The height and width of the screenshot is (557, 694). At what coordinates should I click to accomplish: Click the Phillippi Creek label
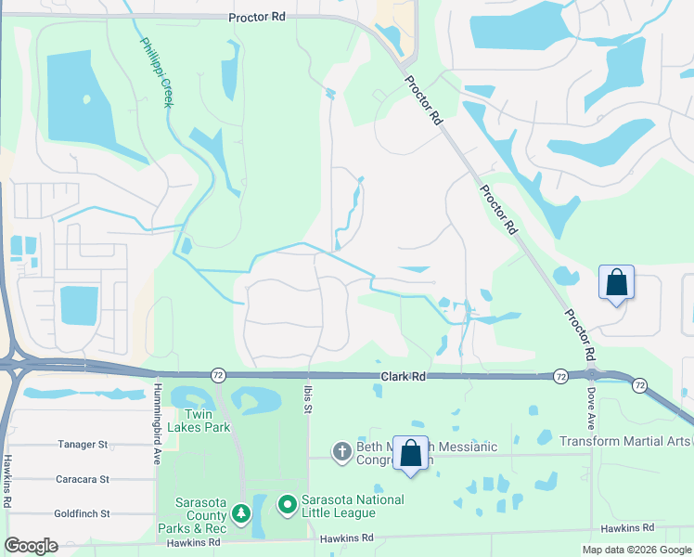pos(155,72)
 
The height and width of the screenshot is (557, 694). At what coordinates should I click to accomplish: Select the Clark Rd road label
pos(403,377)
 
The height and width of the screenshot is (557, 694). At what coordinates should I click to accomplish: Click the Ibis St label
pos(306,395)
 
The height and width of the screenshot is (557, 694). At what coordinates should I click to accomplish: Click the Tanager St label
pos(84,445)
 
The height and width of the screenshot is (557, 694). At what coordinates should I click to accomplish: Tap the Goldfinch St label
pos(82,512)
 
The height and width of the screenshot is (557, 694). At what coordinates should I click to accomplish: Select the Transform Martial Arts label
pos(625,441)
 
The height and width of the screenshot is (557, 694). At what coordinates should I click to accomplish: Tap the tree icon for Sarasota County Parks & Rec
pos(241,512)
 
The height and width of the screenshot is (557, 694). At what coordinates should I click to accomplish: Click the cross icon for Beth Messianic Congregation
pos(341,452)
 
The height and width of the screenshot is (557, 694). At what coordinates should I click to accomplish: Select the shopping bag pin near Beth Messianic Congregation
pos(411,454)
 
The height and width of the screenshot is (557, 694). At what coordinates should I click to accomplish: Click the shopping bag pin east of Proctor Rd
pos(617,284)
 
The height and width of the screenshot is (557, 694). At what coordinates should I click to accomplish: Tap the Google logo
pos(32,546)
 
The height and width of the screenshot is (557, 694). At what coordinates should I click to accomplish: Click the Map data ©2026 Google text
pos(637,550)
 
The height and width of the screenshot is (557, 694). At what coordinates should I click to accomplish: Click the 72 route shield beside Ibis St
pos(215,373)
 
